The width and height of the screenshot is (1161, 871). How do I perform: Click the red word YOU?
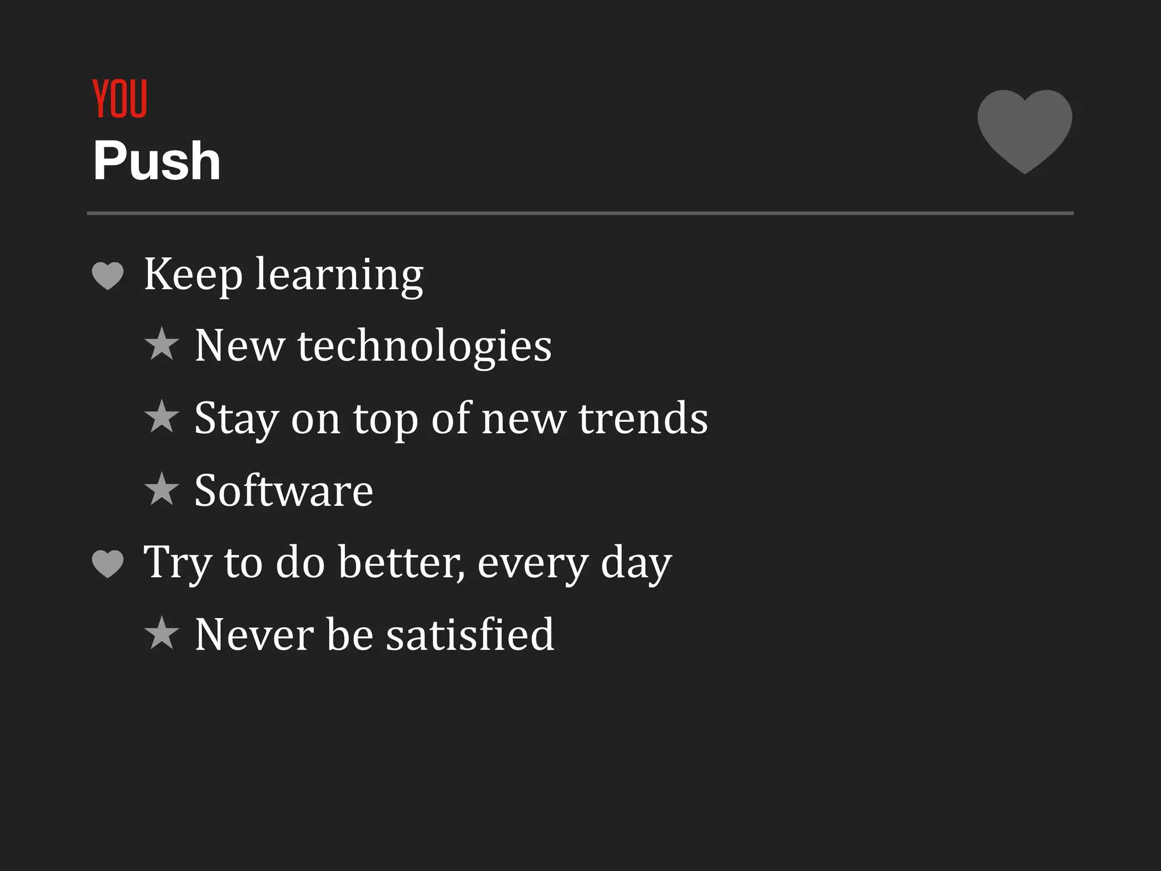120,99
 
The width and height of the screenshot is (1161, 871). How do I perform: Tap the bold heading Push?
156,161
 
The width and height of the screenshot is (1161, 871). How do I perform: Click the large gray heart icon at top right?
1024,129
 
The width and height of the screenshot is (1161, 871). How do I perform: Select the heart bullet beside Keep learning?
108,276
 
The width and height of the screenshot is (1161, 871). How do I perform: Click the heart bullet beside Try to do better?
108,564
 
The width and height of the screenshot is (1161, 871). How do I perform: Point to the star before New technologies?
162,344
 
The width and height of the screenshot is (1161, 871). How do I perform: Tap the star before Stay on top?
162,417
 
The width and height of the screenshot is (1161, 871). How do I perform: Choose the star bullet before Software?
162,489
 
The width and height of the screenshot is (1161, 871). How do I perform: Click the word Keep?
193,274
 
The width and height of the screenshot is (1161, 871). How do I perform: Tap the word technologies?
424,346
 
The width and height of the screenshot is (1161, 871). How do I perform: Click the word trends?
643,418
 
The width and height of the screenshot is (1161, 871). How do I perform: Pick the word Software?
283,491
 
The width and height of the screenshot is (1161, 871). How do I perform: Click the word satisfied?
470,635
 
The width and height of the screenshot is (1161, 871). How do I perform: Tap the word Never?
254,635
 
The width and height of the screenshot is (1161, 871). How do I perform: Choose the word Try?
177,563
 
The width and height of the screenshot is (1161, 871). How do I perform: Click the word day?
636,564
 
